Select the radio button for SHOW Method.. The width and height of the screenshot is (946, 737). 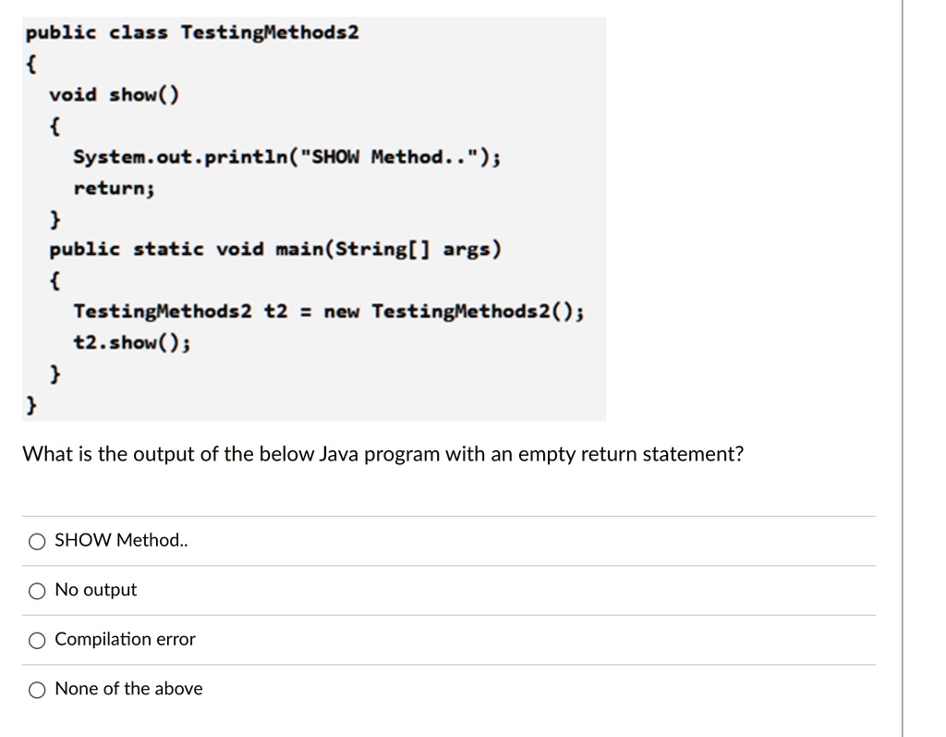(36, 541)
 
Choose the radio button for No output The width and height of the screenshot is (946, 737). (36, 590)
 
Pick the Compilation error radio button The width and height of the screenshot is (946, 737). (36, 640)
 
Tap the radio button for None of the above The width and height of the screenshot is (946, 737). (36, 689)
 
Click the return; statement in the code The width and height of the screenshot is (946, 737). (114, 188)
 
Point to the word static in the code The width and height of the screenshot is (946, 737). (169, 250)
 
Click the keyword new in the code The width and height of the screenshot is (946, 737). (342, 312)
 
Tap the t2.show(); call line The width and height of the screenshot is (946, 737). (132, 342)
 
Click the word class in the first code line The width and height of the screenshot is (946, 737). (139, 33)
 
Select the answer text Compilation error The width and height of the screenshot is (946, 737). (126, 639)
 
